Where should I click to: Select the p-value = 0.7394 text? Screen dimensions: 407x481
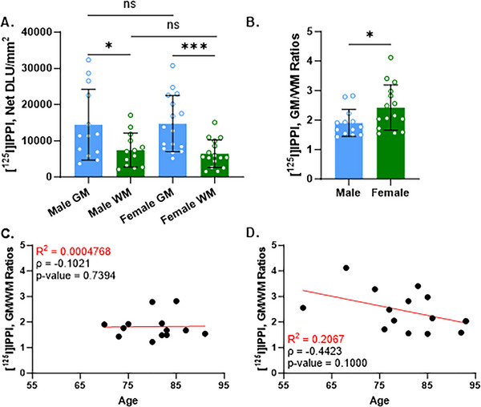pos(67,262)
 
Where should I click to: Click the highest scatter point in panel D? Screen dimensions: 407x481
pos(346,268)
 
